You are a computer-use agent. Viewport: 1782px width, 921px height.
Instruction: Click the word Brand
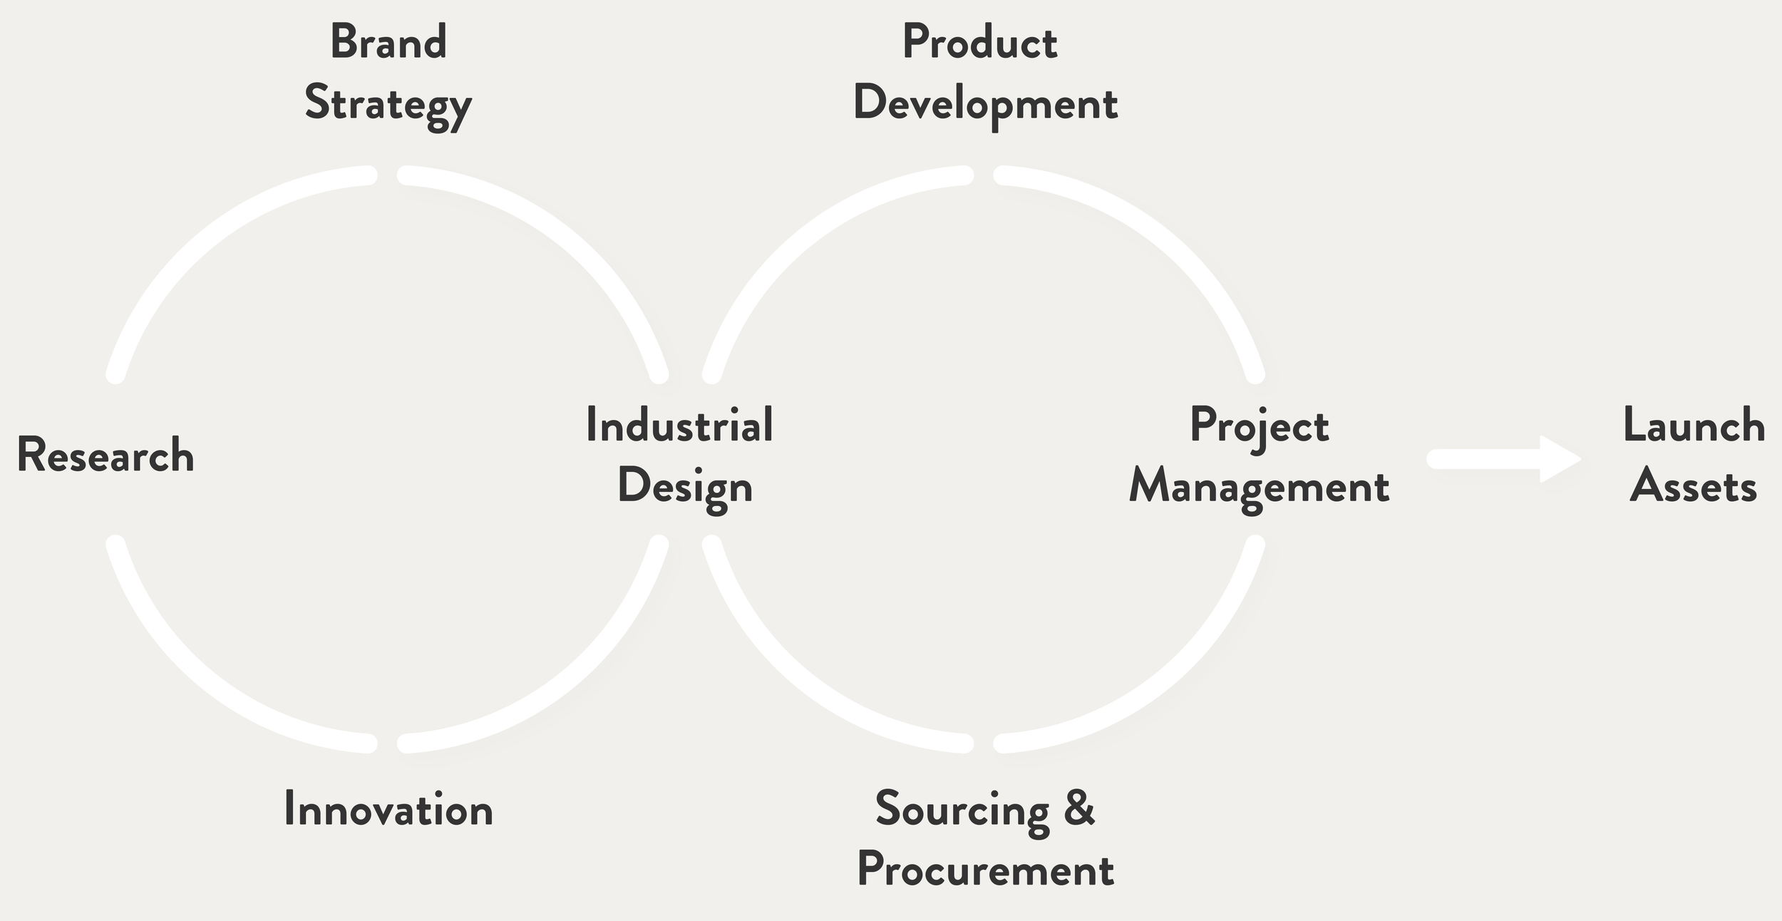pyautogui.click(x=388, y=42)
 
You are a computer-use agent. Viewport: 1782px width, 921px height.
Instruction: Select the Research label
pyautogui.click(x=105, y=455)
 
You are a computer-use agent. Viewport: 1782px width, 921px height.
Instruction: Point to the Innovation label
pyautogui.click(x=388, y=810)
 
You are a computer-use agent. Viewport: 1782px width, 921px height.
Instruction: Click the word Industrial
pyautogui.click(x=679, y=425)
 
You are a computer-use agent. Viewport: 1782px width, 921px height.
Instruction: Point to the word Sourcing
pyautogui.click(x=962, y=810)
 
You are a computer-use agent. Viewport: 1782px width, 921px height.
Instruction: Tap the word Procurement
pyautogui.click(x=985, y=870)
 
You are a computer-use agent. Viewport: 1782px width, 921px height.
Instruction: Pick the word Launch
pyautogui.click(x=1694, y=426)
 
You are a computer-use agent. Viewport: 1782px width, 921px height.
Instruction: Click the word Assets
pyautogui.click(x=1693, y=487)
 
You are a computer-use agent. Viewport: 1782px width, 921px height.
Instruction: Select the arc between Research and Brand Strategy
pyautogui.click(x=207, y=235)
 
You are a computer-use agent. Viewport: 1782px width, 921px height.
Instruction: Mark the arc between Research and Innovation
pyautogui.click(x=207, y=681)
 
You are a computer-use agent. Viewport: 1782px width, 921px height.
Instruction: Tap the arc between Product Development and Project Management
pyautogui.click(x=1169, y=235)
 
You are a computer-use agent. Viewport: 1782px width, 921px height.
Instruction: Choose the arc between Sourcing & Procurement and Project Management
pyautogui.click(x=1169, y=681)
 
